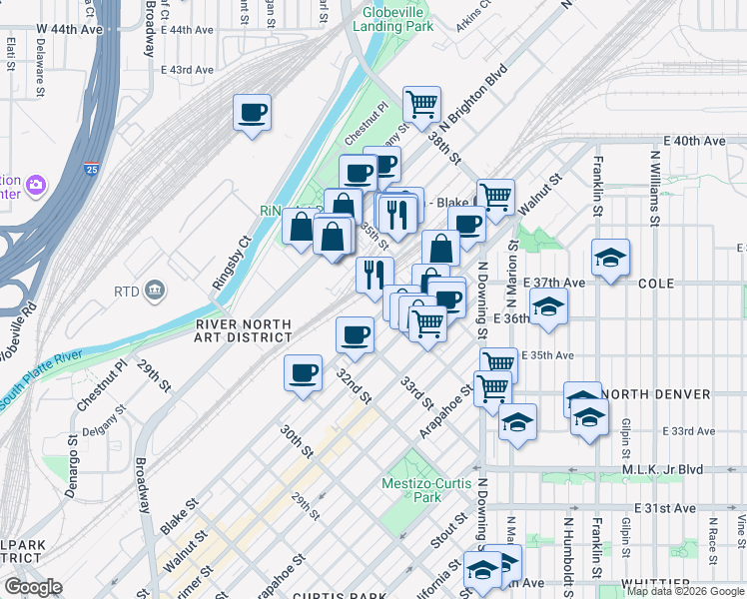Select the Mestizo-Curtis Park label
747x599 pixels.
tap(425, 490)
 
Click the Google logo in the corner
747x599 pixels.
tap(33, 587)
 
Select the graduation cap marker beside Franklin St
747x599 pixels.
tap(610, 258)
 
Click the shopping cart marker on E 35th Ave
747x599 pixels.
tap(497, 364)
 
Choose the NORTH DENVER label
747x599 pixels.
tap(659, 394)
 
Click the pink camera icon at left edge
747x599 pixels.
tap(37, 186)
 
